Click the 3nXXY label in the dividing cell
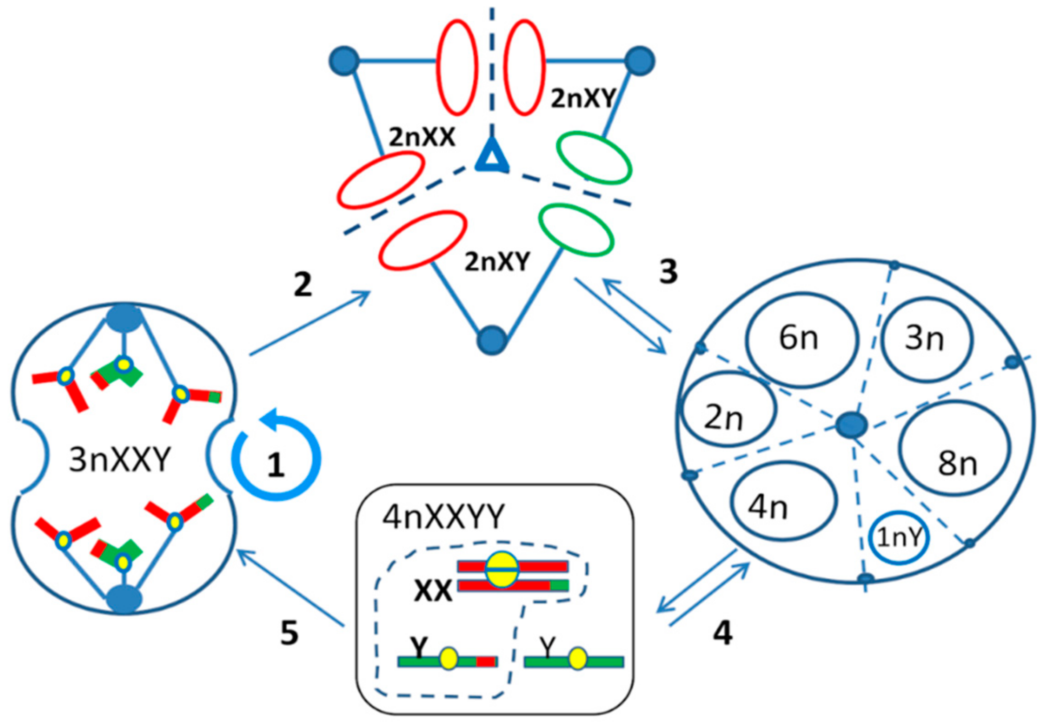pyautogui.click(x=120, y=459)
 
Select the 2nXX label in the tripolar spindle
pyautogui.click(x=422, y=138)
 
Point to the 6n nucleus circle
pyautogui.click(x=801, y=339)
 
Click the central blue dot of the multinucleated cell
pyautogui.click(x=852, y=425)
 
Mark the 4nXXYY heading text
pyautogui.click(x=444, y=517)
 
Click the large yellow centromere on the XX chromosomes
pyautogui.click(x=502, y=570)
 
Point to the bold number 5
pyautogui.click(x=290, y=633)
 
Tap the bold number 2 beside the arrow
pyautogui.click(x=303, y=284)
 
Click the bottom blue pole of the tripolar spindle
pyautogui.click(x=492, y=340)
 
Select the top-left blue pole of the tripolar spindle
pyautogui.click(x=344, y=61)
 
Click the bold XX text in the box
pyautogui.click(x=433, y=591)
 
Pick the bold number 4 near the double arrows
pyautogui.click(x=723, y=633)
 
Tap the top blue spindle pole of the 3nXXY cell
pyautogui.click(x=125, y=318)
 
